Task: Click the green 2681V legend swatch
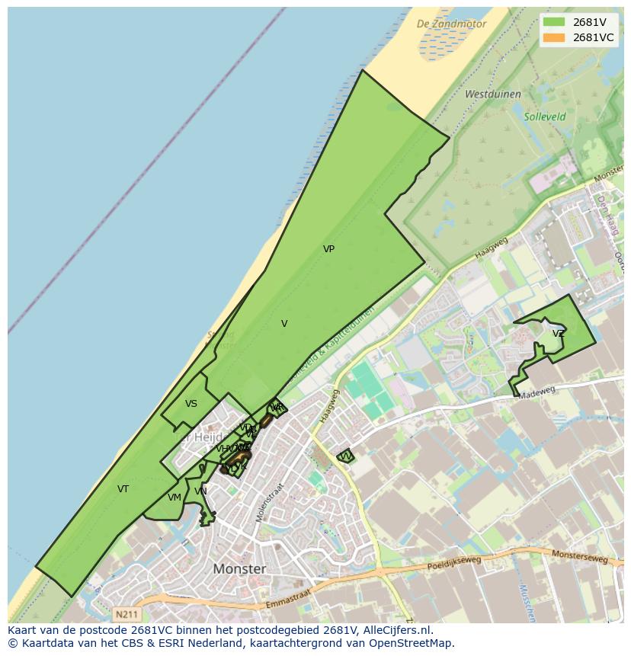[554, 22]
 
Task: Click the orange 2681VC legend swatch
[554, 37]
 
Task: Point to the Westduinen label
[492, 94]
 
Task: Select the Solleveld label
[545, 117]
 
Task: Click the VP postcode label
[328, 249]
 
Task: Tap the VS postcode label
[191, 404]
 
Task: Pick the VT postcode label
[123, 489]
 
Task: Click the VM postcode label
[175, 498]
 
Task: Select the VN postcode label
[200, 491]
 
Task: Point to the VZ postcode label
[559, 334]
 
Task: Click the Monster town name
[240, 569]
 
